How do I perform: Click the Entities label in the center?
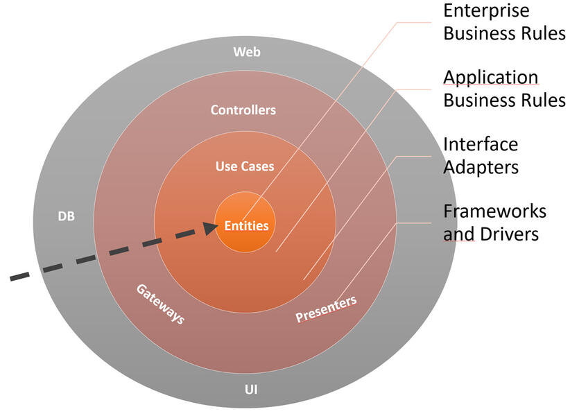tap(245, 225)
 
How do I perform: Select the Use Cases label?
tap(244, 166)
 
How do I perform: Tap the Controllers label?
tap(243, 110)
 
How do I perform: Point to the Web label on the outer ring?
tap(246, 51)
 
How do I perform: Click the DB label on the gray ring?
tap(65, 216)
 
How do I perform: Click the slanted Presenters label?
tap(326, 309)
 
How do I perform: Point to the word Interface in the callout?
tap(480, 144)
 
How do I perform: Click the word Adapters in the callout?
tap(481, 167)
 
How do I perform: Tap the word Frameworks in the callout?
tap(494, 211)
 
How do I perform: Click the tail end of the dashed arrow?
tap(14, 278)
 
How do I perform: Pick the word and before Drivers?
tap(458, 234)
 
